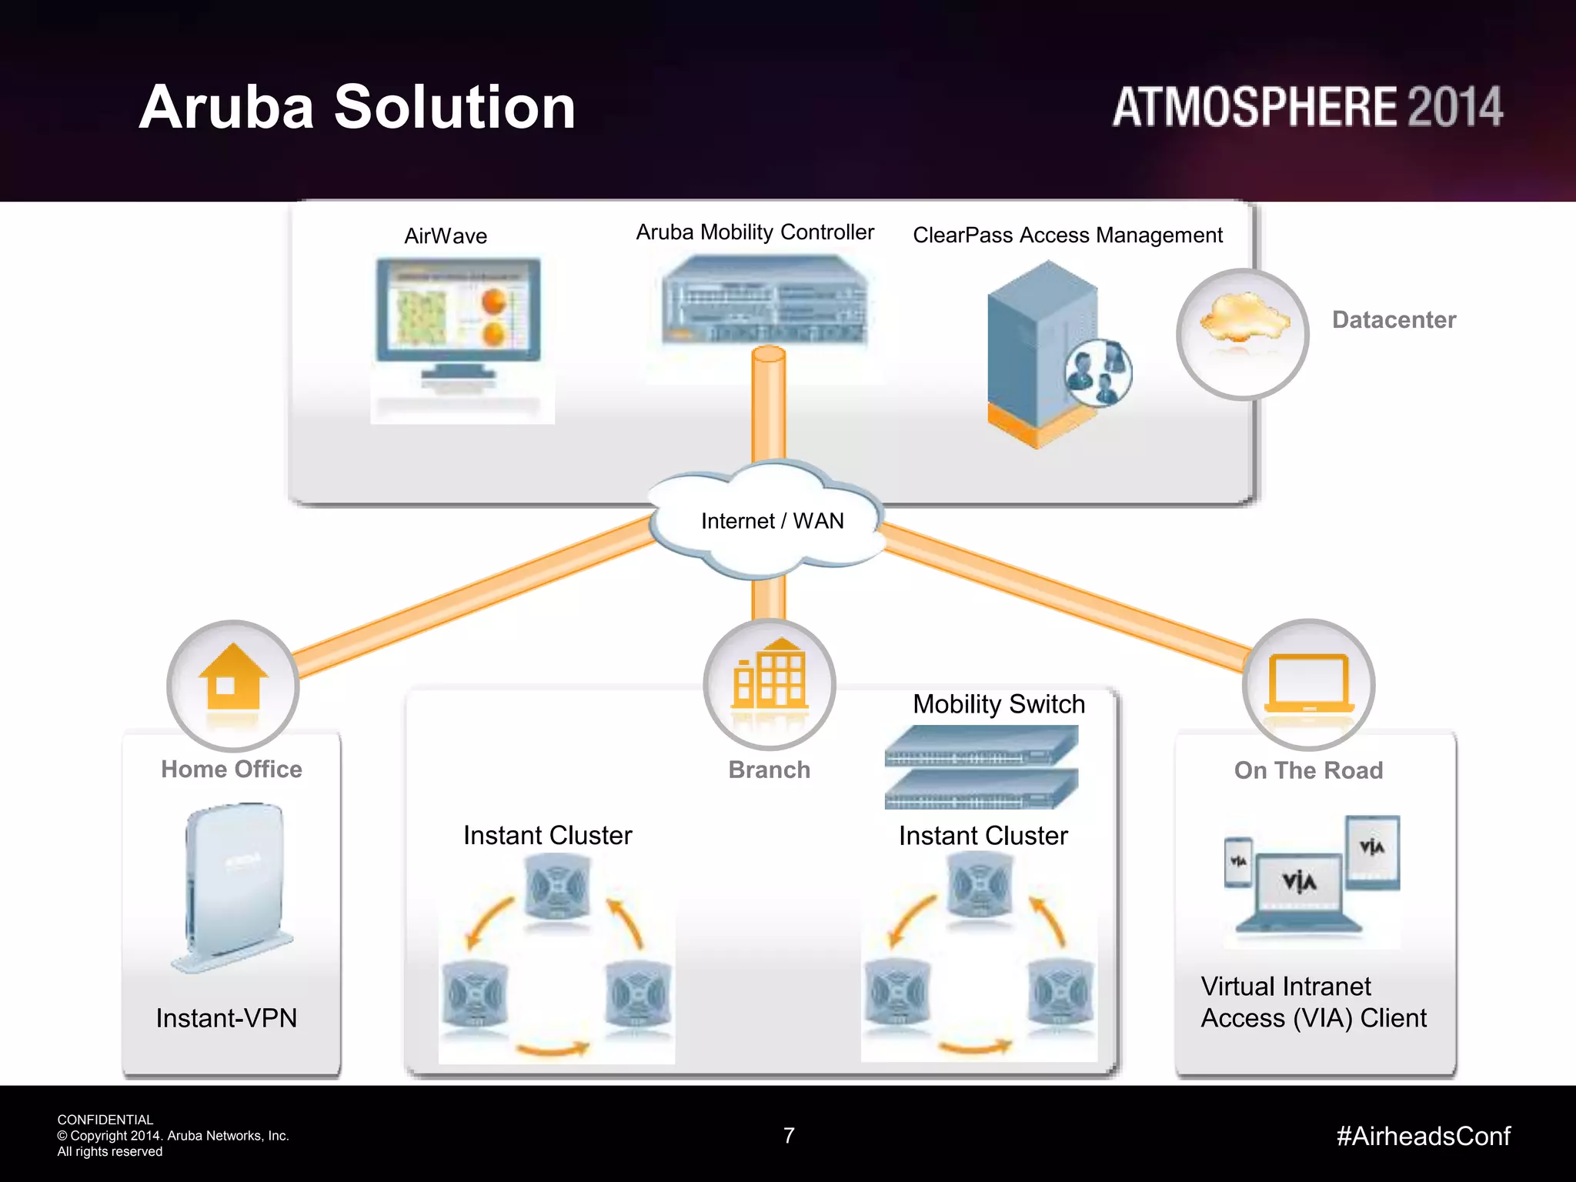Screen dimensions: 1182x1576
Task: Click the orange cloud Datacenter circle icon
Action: pos(1242,333)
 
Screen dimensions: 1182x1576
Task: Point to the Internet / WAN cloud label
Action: pos(772,521)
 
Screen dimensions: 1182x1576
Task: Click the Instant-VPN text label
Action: pos(226,1018)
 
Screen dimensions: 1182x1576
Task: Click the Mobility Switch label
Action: pos(998,704)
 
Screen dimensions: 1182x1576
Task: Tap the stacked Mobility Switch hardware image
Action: pos(980,767)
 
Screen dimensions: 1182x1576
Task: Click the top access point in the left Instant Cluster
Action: pos(557,889)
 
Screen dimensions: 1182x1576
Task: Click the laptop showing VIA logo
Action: pos(1298,893)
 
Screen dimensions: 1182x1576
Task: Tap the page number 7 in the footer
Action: pos(789,1135)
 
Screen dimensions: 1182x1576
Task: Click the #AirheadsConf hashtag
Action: pos(1423,1136)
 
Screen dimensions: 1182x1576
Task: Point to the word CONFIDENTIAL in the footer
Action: pos(105,1120)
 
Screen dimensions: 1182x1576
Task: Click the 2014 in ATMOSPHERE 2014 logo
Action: pos(1454,107)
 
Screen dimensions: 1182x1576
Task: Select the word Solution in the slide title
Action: pos(454,107)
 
